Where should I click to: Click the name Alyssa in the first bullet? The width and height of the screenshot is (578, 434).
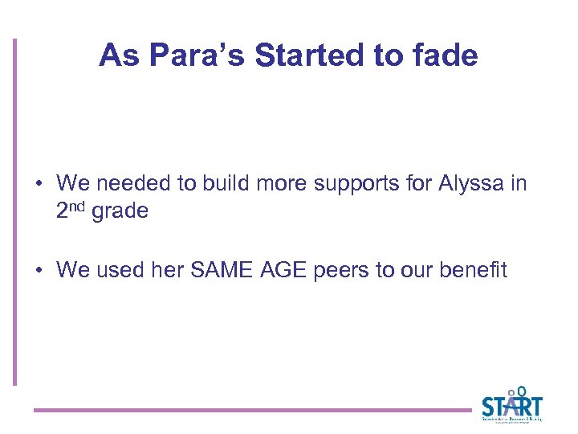(472, 183)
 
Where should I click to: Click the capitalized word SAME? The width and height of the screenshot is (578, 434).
(217, 270)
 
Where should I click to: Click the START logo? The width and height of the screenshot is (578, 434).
(512, 404)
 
